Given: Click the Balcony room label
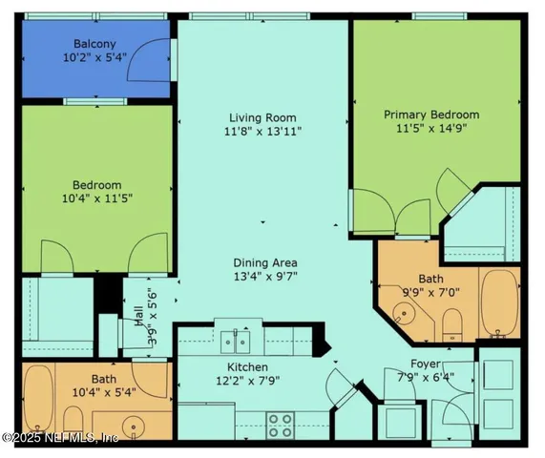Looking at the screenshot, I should (x=95, y=43).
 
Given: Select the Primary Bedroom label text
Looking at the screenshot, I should (x=431, y=114).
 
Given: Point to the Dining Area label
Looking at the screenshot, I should (x=265, y=262).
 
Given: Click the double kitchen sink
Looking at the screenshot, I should (x=232, y=341).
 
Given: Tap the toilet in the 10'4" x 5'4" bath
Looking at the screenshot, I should (x=73, y=420).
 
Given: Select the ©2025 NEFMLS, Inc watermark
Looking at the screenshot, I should (x=59, y=438).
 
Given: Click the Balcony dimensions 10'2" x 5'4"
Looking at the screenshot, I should (x=95, y=58).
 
